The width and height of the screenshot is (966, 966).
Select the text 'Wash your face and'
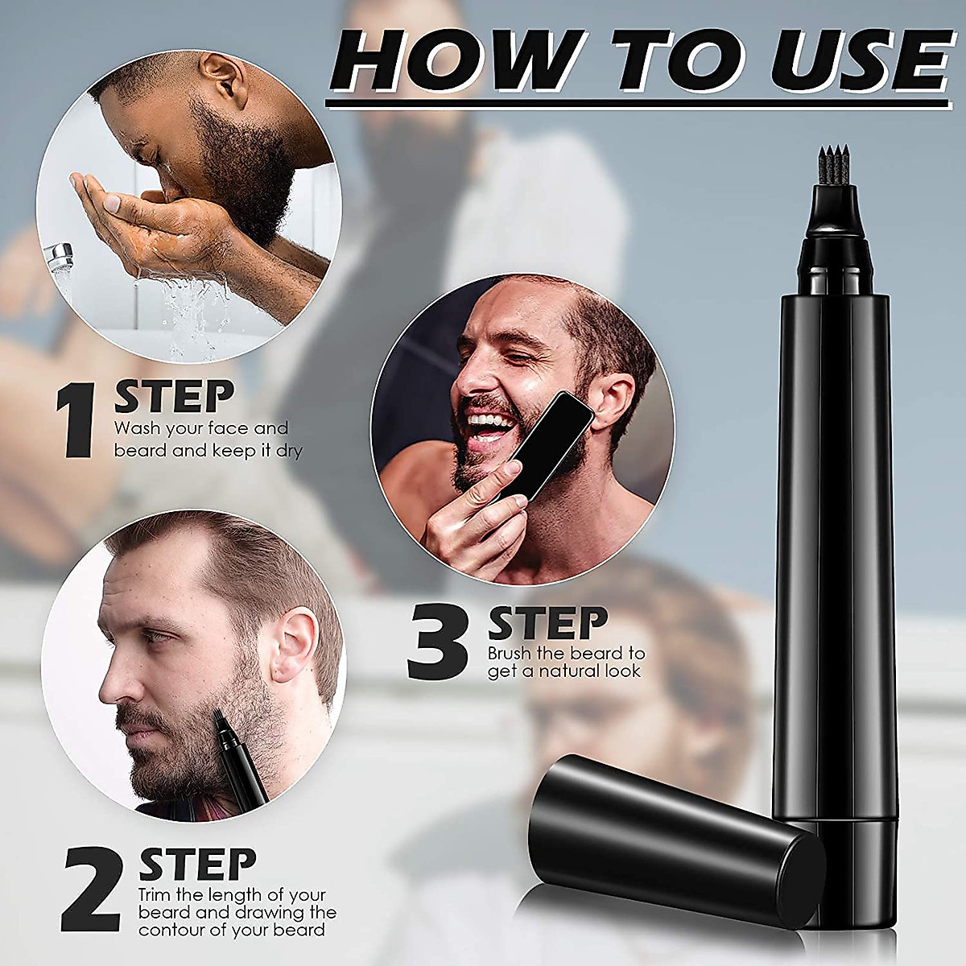tap(200, 428)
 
